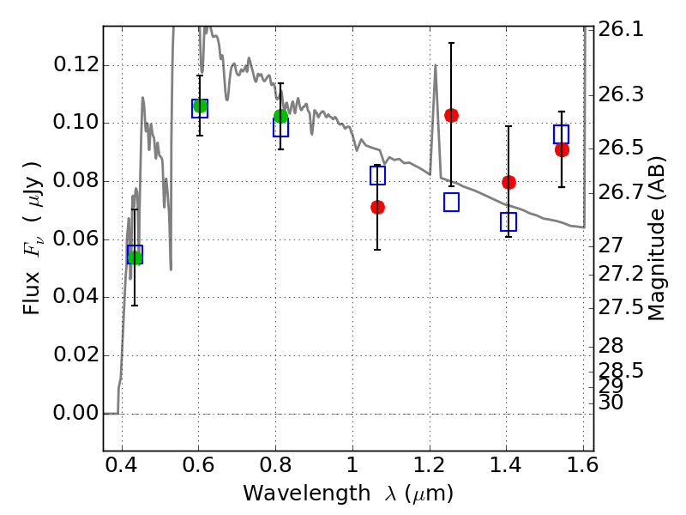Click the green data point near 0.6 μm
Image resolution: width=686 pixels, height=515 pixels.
click(201, 106)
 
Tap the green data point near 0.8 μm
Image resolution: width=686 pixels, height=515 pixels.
click(280, 116)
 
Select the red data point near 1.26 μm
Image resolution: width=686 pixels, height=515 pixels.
click(451, 115)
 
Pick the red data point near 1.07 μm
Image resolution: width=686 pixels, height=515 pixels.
click(377, 207)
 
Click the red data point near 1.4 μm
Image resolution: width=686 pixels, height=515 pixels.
click(508, 182)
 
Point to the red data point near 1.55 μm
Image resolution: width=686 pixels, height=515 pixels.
click(562, 149)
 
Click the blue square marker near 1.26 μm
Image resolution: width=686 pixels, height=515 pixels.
click(451, 203)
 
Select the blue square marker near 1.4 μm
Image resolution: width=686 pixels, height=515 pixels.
click(508, 221)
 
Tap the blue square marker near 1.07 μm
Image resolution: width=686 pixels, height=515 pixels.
click(377, 176)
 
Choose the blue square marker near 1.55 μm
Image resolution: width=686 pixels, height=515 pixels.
click(562, 134)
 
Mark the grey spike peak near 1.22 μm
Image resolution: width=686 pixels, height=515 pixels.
click(436, 65)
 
